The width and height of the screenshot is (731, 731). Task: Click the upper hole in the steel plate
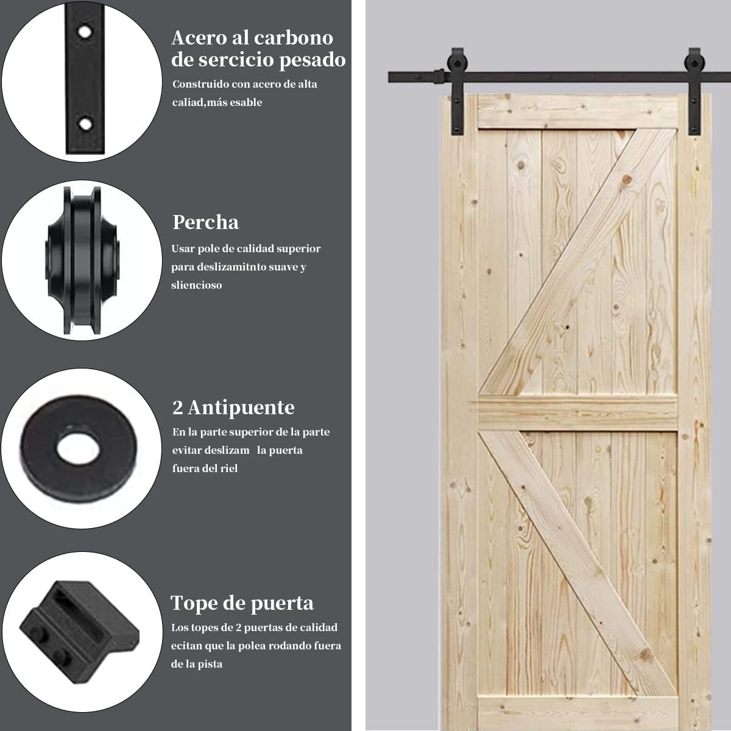85,32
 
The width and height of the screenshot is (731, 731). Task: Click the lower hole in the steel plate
85,124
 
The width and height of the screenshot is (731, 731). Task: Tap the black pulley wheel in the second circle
83,260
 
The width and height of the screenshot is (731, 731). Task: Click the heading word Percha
206,222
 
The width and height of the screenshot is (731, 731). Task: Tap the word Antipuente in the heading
241,408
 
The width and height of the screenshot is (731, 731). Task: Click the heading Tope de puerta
242,603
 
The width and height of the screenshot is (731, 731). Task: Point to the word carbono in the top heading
293,38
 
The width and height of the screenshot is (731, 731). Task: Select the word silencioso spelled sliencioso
197,285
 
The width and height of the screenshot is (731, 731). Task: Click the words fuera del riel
205,468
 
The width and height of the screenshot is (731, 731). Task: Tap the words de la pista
197,664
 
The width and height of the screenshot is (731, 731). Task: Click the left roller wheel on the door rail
458,63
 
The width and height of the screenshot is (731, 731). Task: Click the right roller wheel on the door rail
694,63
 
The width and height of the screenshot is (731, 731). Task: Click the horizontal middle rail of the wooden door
577,414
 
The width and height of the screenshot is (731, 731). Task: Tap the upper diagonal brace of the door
577,263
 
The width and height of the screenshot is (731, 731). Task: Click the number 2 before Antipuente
177,408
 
